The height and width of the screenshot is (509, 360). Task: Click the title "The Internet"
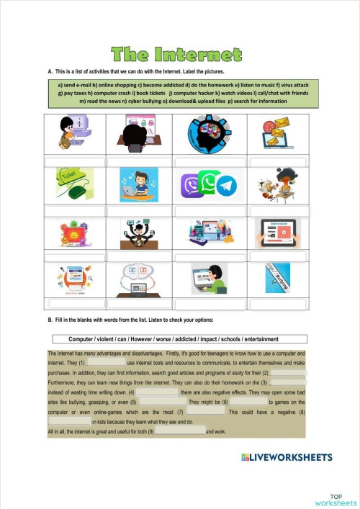176,55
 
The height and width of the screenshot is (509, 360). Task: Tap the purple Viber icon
191,186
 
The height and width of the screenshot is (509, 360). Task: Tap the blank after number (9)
180,431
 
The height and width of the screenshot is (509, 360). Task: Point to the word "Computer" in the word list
84,339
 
